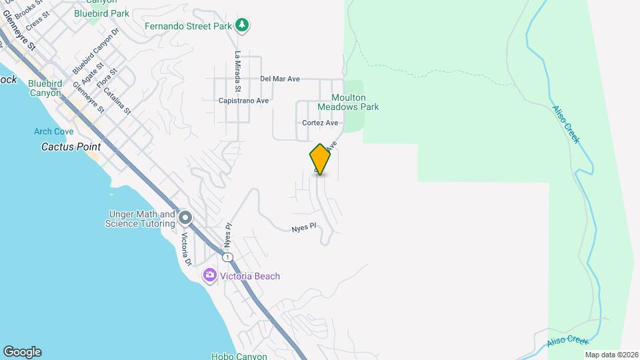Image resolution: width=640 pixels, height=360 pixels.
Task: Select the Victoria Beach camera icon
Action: coord(209,276)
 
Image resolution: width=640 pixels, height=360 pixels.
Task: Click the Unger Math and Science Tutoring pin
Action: coord(185,218)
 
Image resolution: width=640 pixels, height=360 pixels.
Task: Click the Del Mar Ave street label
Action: coord(280,79)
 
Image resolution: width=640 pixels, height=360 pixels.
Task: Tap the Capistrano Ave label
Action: coord(243,101)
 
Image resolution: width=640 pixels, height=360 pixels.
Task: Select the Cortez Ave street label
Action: coord(320,123)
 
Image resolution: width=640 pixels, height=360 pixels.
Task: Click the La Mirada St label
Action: coord(237,72)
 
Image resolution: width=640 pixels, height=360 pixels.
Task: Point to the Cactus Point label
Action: coord(71,147)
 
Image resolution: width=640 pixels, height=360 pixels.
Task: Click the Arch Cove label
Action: coord(53,131)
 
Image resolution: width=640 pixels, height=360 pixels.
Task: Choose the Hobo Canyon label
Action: coord(239,356)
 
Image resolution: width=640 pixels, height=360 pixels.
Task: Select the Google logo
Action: coord(22,351)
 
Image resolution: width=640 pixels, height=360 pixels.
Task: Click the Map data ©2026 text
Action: coord(611,355)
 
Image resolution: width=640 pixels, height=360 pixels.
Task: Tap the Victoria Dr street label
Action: coord(187,249)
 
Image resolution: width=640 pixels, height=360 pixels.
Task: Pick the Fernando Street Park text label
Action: coord(188,27)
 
